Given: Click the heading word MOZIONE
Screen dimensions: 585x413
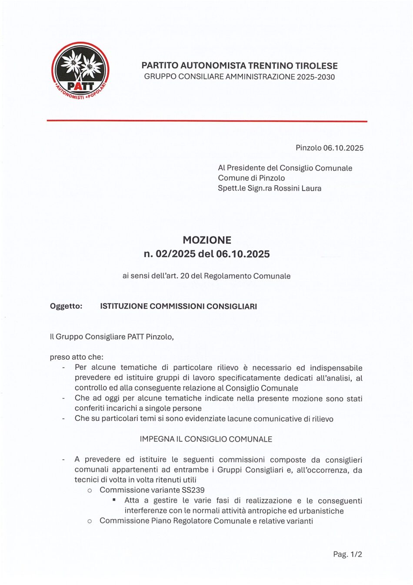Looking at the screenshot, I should coord(206,240).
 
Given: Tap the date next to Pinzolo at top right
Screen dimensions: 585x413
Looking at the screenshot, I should coord(343,148).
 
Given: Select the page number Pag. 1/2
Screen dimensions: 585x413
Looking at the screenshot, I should coord(347,554).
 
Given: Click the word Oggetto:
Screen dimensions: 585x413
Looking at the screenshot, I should coord(66,306).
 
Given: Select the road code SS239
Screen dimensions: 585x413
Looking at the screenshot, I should coord(193,490).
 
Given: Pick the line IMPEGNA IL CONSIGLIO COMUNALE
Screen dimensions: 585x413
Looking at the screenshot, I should coord(206,439).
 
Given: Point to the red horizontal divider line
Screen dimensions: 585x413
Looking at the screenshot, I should coord(206,121).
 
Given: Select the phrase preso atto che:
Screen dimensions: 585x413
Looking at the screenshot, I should coord(77,357).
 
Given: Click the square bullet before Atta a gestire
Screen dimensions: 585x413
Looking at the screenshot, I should coord(114,500).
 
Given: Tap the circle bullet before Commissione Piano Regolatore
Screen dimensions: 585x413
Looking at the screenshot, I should coord(90,521).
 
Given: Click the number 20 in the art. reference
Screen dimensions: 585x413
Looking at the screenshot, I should coord(184,276).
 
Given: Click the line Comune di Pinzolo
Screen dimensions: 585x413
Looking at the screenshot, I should coord(251,178).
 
